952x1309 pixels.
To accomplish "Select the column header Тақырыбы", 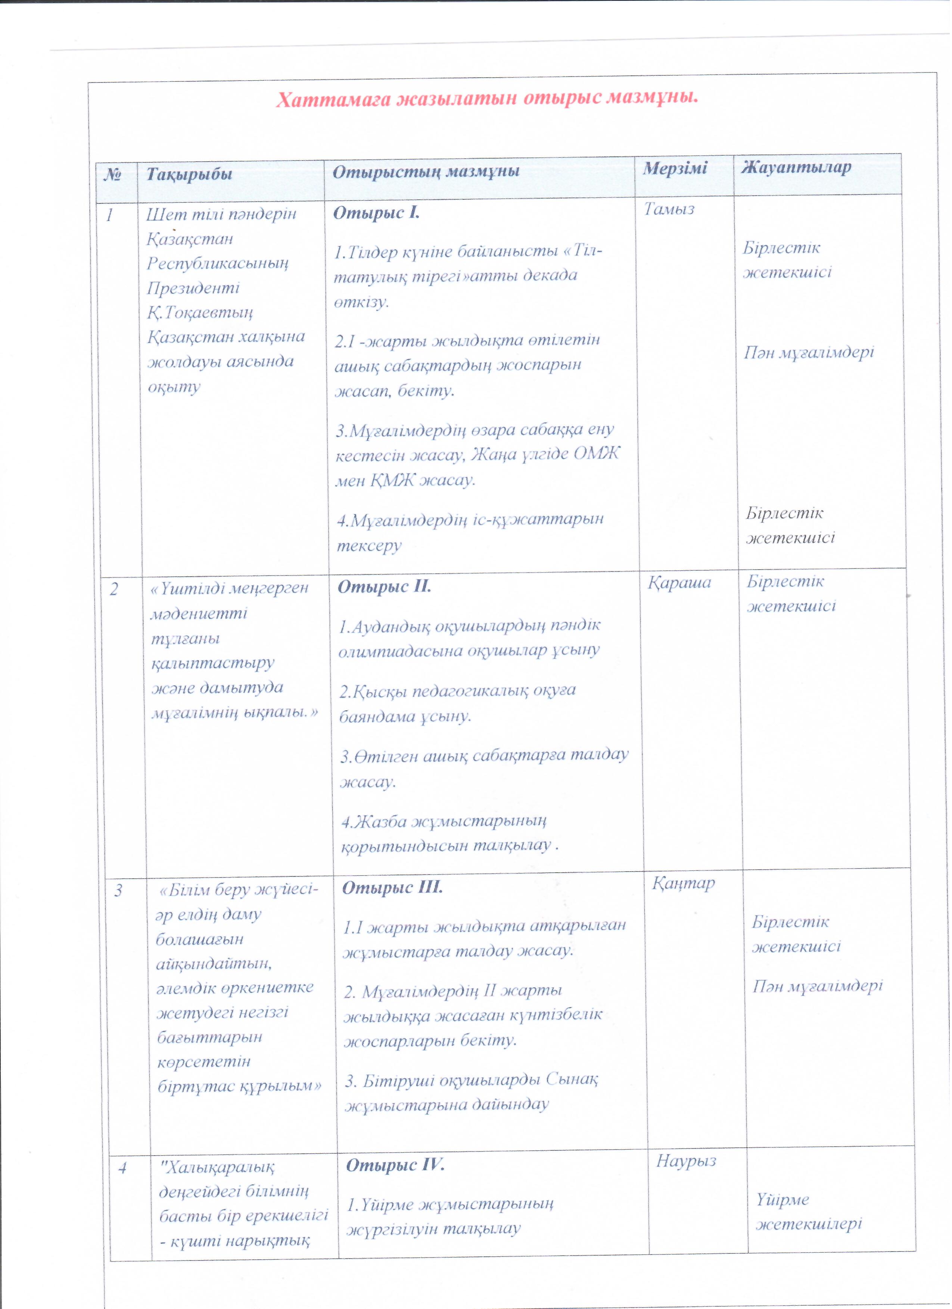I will click(x=189, y=174).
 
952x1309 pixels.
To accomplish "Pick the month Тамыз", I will click(x=669, y=209).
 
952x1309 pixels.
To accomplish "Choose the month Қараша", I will click(x=679, y=583).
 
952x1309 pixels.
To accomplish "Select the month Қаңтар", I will click(x=684, y=883).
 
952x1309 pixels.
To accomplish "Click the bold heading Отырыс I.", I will click(x=376, y=213).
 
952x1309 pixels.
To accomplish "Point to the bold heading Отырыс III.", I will click(x=393, y=887).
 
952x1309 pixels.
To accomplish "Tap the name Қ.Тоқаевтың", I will click(x=200, y=312).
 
